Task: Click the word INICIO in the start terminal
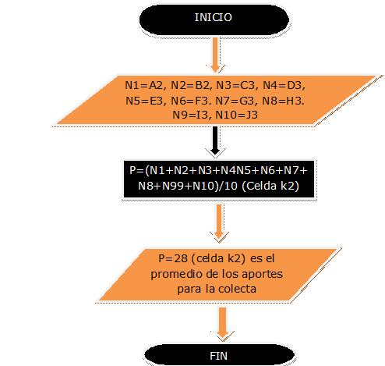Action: click(x=213, y=17)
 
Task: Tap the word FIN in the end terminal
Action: click(x=218, y=356)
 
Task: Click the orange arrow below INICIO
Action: click(x=215, y=55)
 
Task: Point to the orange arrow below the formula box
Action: click(x=219, y=222)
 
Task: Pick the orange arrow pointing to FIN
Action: click(x=222, y=323)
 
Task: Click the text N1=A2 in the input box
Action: click(x=143, y=85)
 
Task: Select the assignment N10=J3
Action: click(x=236, y=115)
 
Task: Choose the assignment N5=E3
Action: click(x=144, y=101)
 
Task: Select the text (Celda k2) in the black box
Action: click(x=270, y=186)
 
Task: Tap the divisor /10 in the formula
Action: click(x=228, y=186)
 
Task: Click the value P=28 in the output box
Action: click(x=173, y=258)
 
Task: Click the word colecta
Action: click(x=237, y=289)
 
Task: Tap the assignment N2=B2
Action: click(x=190, y=85)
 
